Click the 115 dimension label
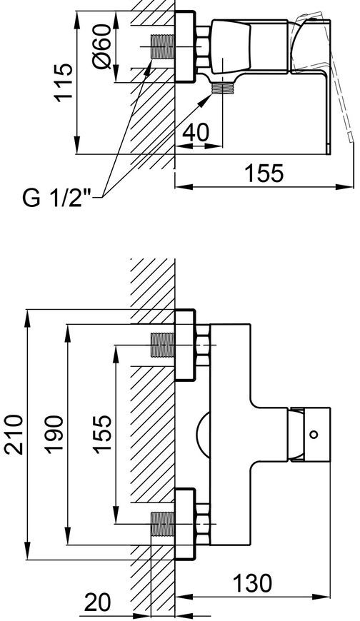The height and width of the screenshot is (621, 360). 64,82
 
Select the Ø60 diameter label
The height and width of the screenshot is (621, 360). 101,46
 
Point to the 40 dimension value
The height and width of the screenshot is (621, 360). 196,133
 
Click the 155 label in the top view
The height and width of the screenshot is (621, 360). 264,173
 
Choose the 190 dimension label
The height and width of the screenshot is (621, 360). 53,435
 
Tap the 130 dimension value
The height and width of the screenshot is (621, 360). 252,583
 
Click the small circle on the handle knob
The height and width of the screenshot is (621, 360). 314,434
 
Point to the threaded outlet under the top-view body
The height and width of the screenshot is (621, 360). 222,89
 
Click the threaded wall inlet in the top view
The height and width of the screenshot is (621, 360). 163,46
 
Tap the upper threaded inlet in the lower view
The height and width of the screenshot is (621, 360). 163,345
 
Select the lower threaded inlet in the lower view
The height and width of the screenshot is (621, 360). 163,524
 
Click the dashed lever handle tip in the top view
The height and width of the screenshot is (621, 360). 351,137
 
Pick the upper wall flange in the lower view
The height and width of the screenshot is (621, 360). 185,345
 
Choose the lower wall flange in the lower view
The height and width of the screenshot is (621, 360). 185,524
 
